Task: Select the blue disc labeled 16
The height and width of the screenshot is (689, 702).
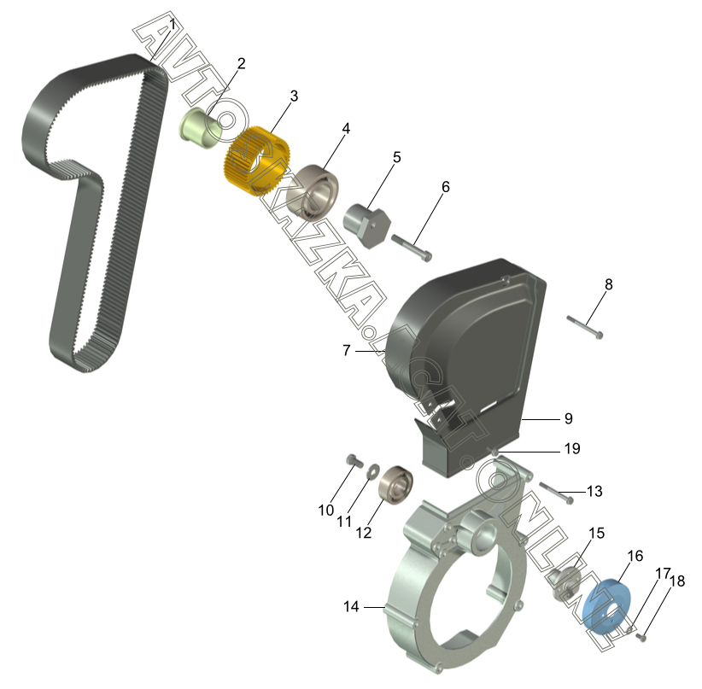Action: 606,605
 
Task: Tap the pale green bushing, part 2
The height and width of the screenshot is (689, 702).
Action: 201,128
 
